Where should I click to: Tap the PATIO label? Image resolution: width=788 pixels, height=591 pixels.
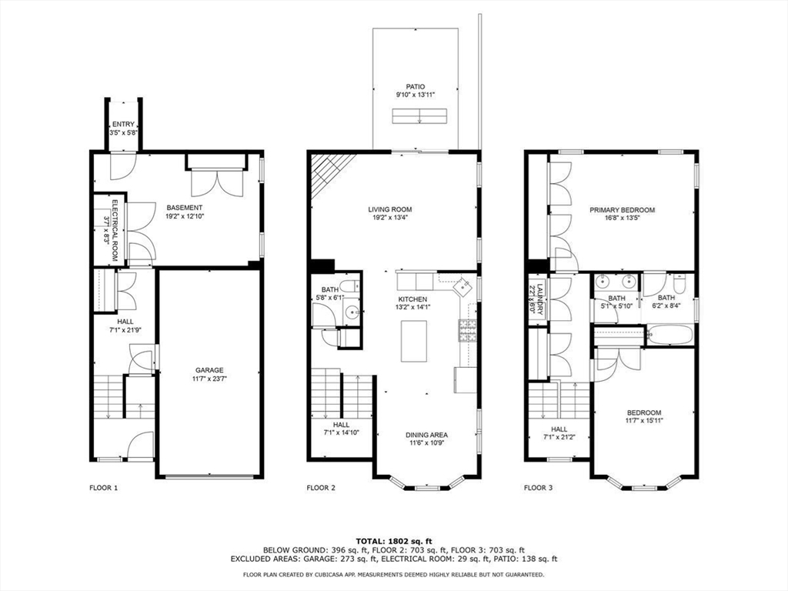click(x=416, y=87)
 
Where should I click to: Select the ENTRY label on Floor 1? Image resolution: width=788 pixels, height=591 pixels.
click(x=123, y=124)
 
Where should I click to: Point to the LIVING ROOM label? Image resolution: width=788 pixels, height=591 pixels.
click(x=389, y=209)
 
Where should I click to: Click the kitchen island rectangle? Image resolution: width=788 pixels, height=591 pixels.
click(x=413, y=340)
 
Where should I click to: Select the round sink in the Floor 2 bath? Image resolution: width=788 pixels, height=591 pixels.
click(x=352, y=312)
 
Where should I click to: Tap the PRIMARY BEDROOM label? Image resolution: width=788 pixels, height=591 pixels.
click(x=622, y=210)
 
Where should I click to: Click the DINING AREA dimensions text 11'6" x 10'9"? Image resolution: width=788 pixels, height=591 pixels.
click(x=426, y=444)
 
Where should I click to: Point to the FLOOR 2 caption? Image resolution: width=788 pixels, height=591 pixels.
click(x=321, y=487)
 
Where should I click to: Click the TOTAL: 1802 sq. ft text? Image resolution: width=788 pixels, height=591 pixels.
click(x=393, y=540)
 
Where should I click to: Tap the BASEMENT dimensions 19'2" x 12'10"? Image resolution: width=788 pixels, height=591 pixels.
click(x=185, y=216)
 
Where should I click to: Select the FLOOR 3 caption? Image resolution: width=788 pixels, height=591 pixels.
click(x=538, y=487)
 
